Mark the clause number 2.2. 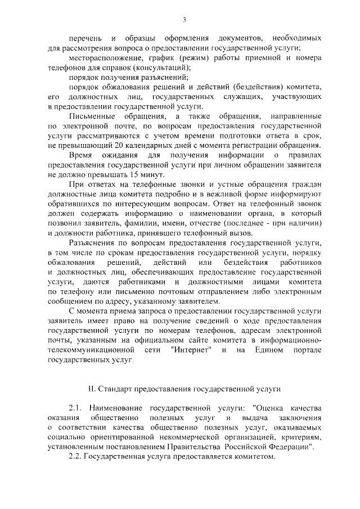click(75, 457)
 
